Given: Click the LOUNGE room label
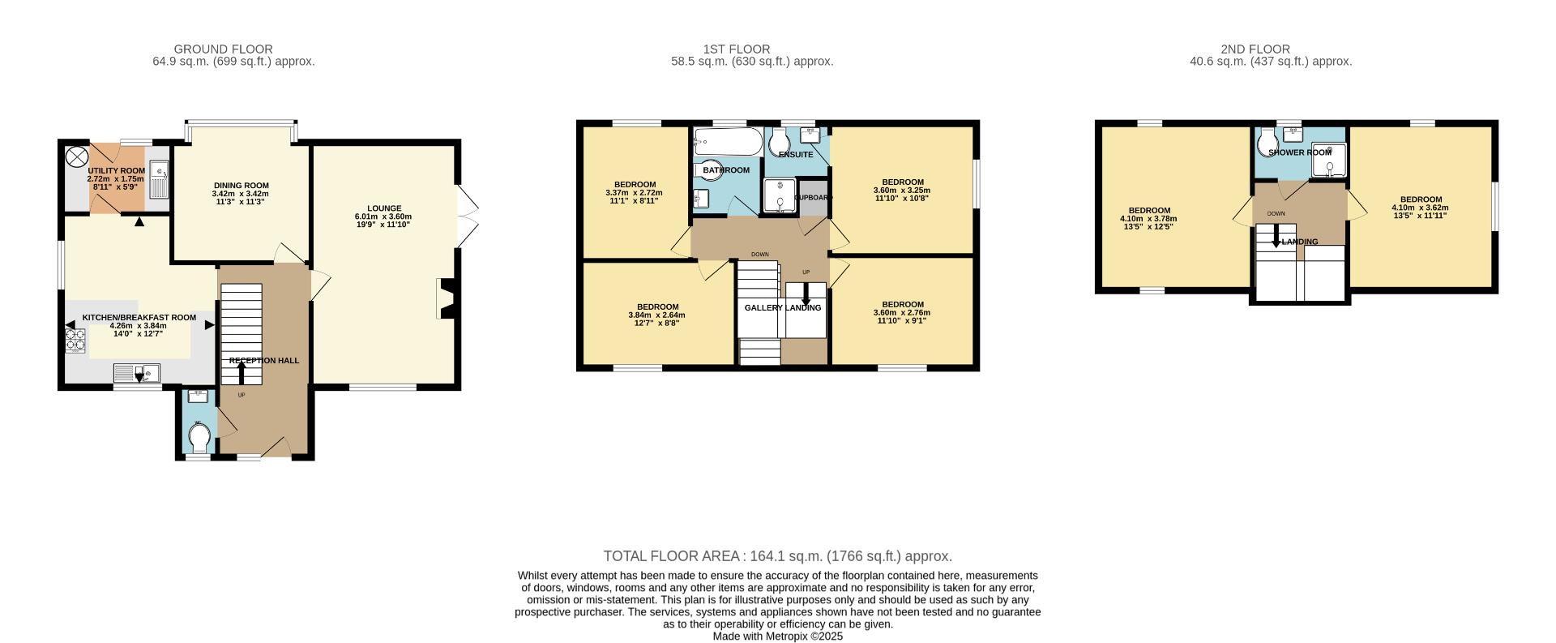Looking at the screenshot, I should [x=383, y=208].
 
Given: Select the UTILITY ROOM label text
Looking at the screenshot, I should [x=116, y=171].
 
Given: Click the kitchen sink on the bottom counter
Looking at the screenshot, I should [x=139, y=374].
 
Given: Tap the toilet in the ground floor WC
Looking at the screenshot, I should [x=199, y=438].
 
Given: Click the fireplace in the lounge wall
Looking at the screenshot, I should [x=445, y=299].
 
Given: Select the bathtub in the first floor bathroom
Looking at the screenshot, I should [x=727, y=142].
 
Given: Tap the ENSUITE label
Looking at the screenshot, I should [x=795, y=154].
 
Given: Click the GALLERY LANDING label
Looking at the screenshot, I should [x=782, y=308].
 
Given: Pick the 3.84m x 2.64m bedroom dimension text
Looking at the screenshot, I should [x=656, y=315].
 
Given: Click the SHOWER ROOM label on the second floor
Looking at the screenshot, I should [x=1299, y=152].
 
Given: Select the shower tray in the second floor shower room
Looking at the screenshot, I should [x=1328, y=161].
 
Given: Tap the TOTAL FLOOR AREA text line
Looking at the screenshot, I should [x=777, y=556].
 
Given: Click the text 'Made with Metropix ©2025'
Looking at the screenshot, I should [x=777, y=637].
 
